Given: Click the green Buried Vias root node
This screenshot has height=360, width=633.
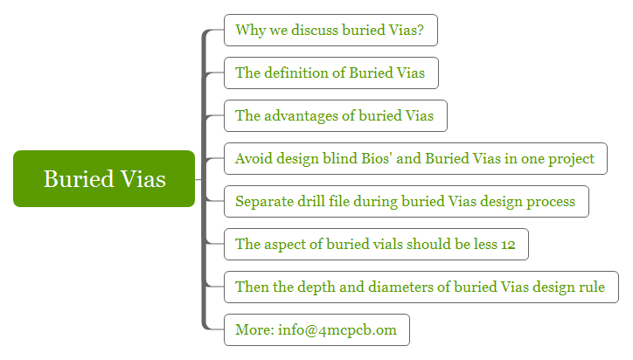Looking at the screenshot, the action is [104, 179].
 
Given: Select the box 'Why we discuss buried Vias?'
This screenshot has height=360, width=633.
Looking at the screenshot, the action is [331, 31].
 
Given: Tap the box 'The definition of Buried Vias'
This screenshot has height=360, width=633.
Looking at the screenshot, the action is [331, 73].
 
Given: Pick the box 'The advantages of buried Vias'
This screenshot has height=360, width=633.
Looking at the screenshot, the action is [336, 116].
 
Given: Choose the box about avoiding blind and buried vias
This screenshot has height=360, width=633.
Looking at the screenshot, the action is [416, 159].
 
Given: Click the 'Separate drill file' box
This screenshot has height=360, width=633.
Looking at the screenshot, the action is [407, 201].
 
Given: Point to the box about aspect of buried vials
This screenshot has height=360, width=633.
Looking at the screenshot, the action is [376, 244].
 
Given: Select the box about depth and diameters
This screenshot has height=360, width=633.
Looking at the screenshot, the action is [421, 287].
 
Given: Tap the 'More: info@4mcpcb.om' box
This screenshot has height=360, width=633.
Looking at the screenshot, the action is [316, 329].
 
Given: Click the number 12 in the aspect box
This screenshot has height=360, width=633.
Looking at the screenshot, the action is [508, 245].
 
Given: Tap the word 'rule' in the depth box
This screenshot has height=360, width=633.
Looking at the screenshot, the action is [592, 287].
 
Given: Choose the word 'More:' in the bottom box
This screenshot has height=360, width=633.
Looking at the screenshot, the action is [254, 329].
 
